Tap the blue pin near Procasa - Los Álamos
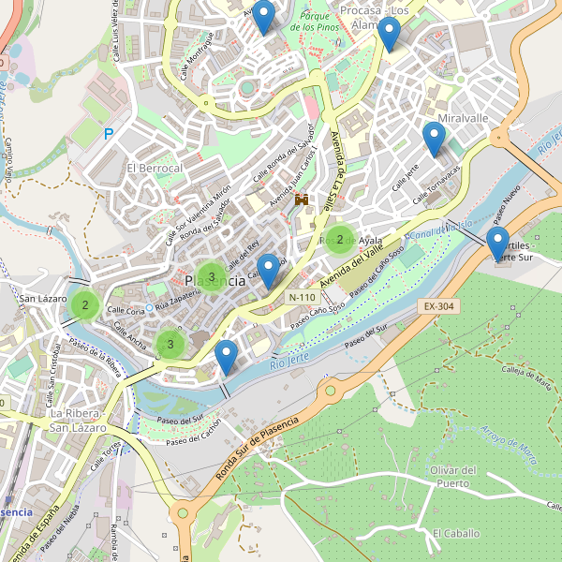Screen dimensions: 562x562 click(x=389, y=34)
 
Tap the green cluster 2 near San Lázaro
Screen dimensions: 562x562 click(x=85, y=304)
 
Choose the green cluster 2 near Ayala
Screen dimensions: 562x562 click(x=339, y=239)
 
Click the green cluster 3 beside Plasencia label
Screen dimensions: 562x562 click(x=212, y=276)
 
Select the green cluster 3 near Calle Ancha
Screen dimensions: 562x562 click(x=170, y=344)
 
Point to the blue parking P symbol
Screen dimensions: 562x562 click(x=109, y=135)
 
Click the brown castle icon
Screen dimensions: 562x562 click(x=302, y=200)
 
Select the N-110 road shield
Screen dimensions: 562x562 click(x=303, y=297)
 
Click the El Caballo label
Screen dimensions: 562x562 click(x=455, y=533)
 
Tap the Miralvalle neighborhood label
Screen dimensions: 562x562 click(x=464, y=119)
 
